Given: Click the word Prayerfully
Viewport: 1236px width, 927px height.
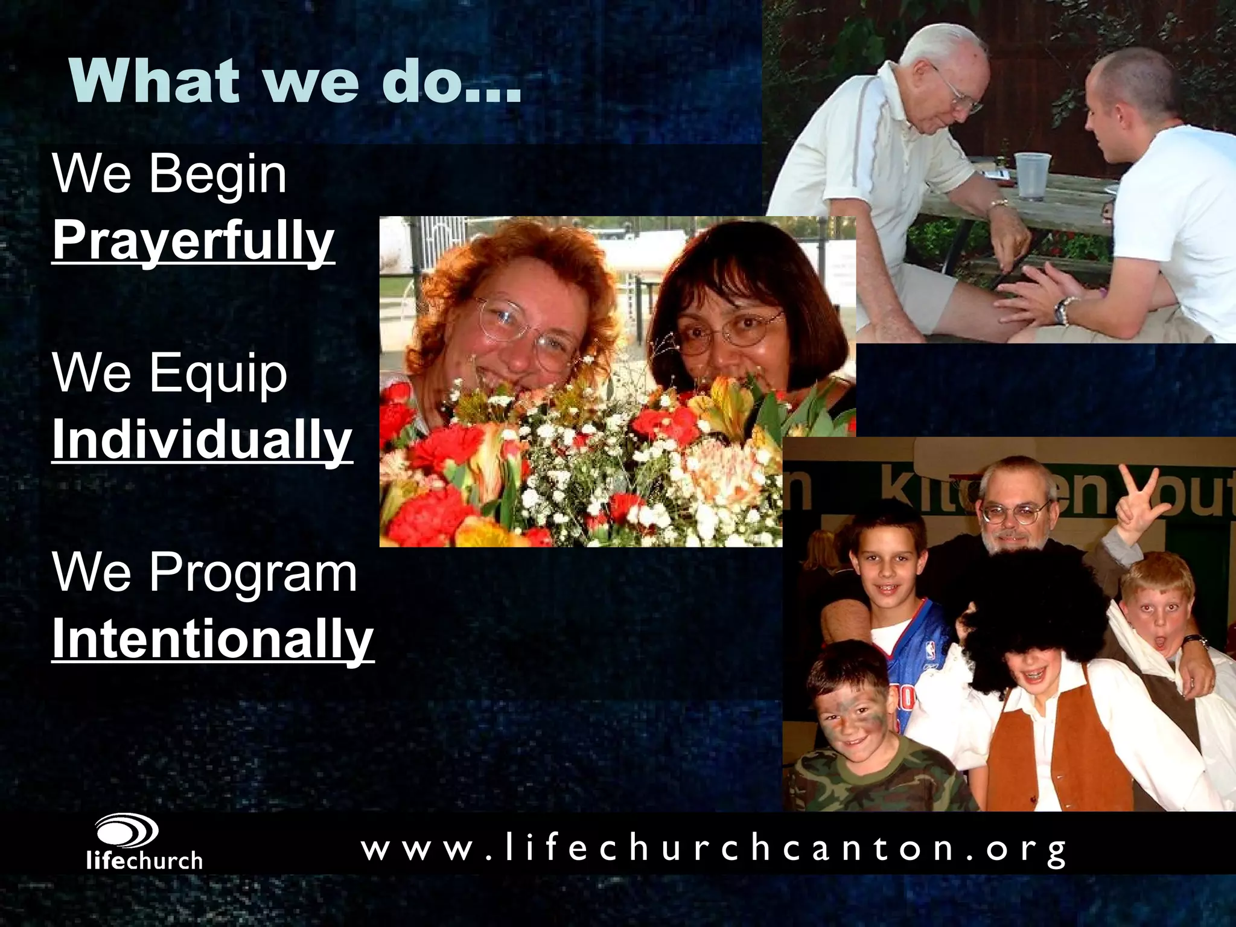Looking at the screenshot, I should pyautogui.click(x=193, y=241).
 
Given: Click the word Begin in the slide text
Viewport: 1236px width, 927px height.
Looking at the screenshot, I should pyautogui.click(x=217, y=175).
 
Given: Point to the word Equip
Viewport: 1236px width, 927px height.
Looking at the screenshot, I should pyautogui.click(x=218, y=374).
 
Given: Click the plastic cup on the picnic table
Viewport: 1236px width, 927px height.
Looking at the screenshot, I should pyautogui.click(x=1033, y=176).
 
